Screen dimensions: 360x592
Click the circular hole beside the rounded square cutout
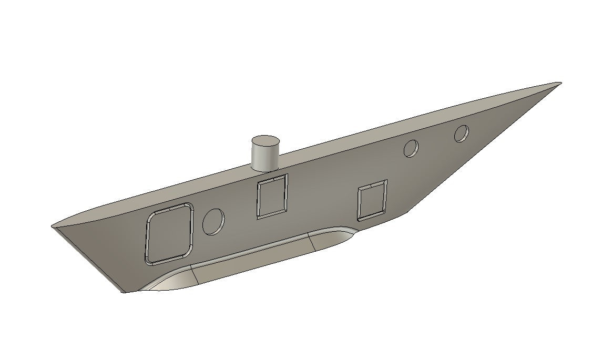(x=213, y=221)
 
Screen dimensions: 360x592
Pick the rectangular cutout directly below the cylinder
(x=272, y=196)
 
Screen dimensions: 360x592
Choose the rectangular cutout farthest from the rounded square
(x=372, y=200)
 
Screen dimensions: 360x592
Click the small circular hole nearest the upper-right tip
(x=462, y=133)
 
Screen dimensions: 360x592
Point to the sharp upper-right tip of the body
(x=559, y=83)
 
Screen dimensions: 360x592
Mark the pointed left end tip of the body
(x=52, y=227)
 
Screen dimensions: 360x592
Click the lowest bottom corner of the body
(x=124, y=292)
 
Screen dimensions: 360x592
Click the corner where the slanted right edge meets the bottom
(x=407, y=213)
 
